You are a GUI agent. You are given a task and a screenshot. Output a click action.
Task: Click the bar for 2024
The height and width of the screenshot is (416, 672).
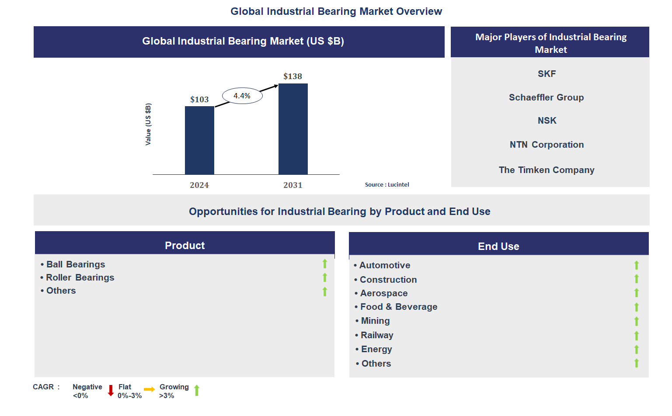click(x=199, y=140)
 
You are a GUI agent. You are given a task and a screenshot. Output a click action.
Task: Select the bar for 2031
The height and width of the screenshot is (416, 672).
click(x=293, y=129)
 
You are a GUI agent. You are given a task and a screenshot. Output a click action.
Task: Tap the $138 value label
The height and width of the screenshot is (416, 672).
click(x=292, y=76)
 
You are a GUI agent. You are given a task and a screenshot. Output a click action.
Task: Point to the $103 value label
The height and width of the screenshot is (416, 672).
click(x=199, y=100)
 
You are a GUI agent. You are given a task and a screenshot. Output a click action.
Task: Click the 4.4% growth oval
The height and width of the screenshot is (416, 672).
click(x=242, y=96)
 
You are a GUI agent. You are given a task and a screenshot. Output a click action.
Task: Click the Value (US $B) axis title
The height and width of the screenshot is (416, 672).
click(x=148, y=125)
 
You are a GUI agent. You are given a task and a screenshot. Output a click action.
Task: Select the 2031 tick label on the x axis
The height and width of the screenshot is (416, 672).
click(x=292, y=185)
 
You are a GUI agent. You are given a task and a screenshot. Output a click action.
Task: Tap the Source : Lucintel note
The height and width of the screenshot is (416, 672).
click(x=387, y=185)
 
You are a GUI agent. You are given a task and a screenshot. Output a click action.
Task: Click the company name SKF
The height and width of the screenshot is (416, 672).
click(x=547, y=74)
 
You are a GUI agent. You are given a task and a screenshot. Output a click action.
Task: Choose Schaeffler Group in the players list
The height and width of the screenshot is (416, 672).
click(x=546, y=97)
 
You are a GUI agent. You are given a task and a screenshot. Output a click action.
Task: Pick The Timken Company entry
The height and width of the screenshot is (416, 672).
click(x=546, y=170)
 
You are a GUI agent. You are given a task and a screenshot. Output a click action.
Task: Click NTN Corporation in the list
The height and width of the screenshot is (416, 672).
click(x=546, y=145)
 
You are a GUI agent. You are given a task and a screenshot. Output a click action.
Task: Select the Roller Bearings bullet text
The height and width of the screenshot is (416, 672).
click(x=80, y=277)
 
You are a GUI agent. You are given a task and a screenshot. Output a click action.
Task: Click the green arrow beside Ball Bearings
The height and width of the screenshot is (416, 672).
click(x=325, y=263)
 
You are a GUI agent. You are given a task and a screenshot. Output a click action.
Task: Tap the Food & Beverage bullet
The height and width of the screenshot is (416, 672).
click(x=398, y=307)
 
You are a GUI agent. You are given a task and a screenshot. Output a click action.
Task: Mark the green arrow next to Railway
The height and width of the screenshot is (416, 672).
click(x=637, y=336)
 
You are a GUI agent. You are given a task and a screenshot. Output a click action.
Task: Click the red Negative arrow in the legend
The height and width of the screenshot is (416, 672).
click(x=111, y=390)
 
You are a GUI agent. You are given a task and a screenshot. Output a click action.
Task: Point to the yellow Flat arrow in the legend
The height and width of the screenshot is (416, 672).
click(x=149, y=389)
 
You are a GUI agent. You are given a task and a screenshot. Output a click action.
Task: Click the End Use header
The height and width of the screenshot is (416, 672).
click(x=498, y=246)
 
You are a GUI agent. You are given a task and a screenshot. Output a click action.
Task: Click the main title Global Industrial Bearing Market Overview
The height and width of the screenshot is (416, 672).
click(x=336, y=11)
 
